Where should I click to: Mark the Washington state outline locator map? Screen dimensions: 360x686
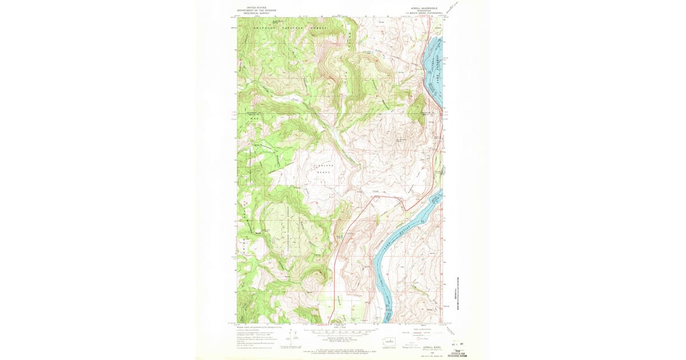(390, 341)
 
